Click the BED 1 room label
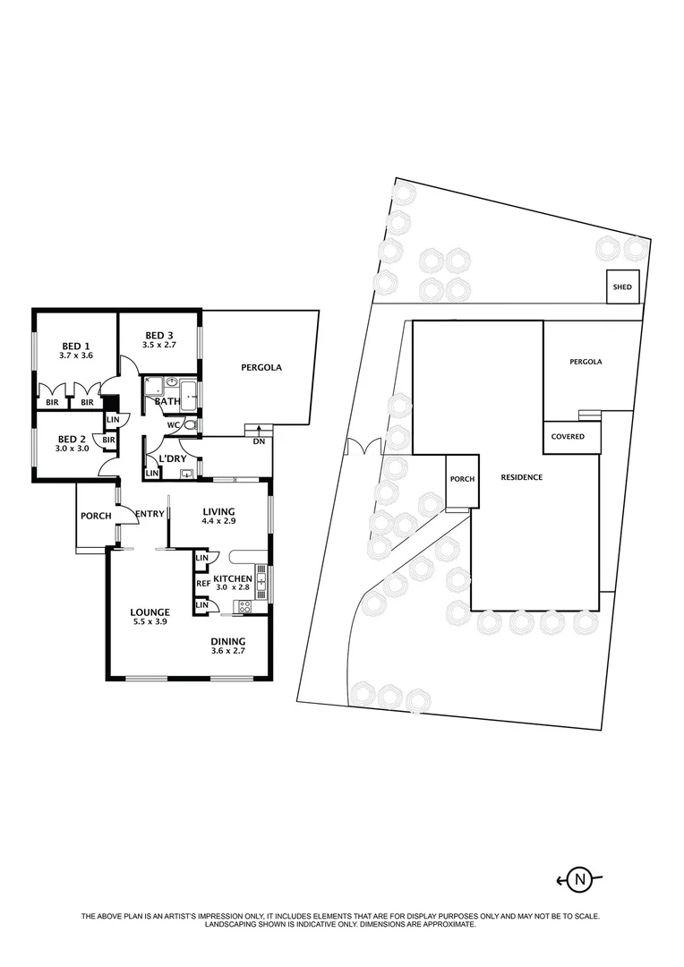coord(75,347)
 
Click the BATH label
coord(167,402)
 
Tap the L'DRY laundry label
coord(171,460)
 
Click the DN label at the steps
coord(259,441)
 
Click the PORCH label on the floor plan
coord(96,516)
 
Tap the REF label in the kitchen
coord(203,583)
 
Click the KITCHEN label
coord(232,578)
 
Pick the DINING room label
coord(227,642)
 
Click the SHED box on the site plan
coord(622,287)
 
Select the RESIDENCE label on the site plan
coord(521,477)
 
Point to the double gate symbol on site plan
coord(363,445)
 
